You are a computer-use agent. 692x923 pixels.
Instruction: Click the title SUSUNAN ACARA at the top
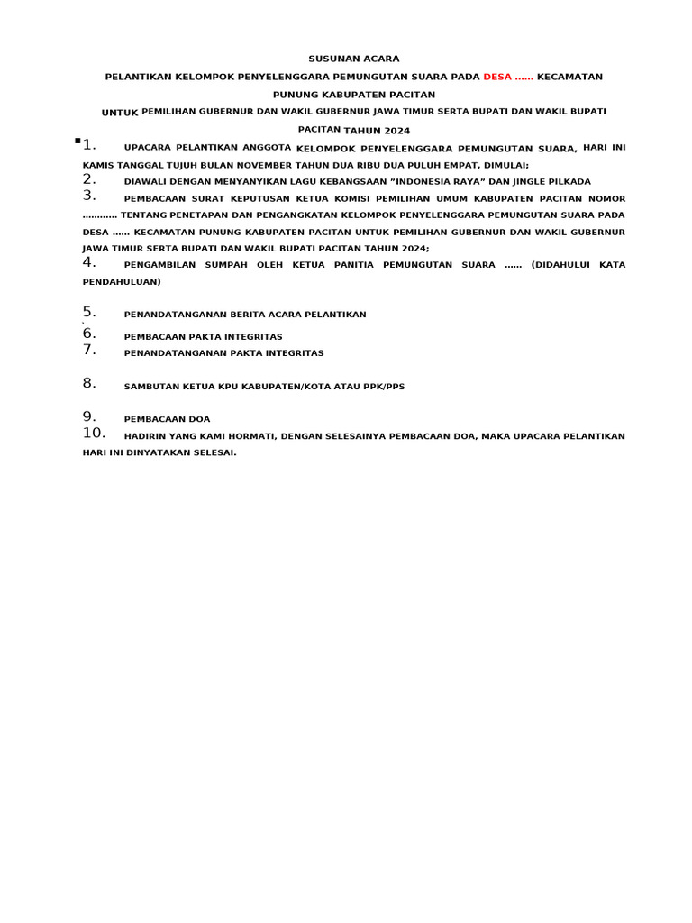pyautogui.click(x=353, y=59)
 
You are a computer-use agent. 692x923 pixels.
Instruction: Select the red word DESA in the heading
pyautogui.click(x=497, y=77)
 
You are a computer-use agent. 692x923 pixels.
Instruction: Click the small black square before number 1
pyautogui.click(x=78, y=141)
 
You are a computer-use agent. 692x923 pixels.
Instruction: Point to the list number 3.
pyautogui.click(x=89, y=195)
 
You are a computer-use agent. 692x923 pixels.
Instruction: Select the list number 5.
pyautogui.click(x=89, y=312)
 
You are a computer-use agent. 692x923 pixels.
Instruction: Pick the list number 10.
pyautogui.click(x=95, y=433)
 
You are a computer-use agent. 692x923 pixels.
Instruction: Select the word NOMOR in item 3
pyautogui.click(x=605, y=198)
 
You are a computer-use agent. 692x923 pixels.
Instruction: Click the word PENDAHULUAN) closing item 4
pyautogui.click(x=122, y=281)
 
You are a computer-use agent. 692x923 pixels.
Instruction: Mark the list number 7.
pyautogui.click(x=89, y=350)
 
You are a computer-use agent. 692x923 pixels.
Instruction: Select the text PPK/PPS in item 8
pyautogui.click(x=385, y=387)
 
